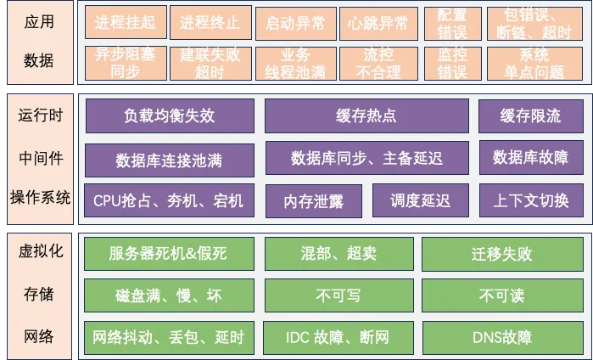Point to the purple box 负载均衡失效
click(x=170, y=116)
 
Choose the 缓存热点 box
click(x=366, y=116)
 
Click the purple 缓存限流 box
click(x=530, y=116)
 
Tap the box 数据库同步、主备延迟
click(x=366, y=157)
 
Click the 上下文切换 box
click(x=530, y=200)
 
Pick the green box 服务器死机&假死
click(x=170, y=253)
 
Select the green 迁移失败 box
click(x=501, y=253)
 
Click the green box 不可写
click(x=338, y=295)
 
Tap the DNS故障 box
click(x=501, y=337)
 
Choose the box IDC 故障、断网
click(x=338, y=337)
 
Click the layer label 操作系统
click(x=40, y=198)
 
